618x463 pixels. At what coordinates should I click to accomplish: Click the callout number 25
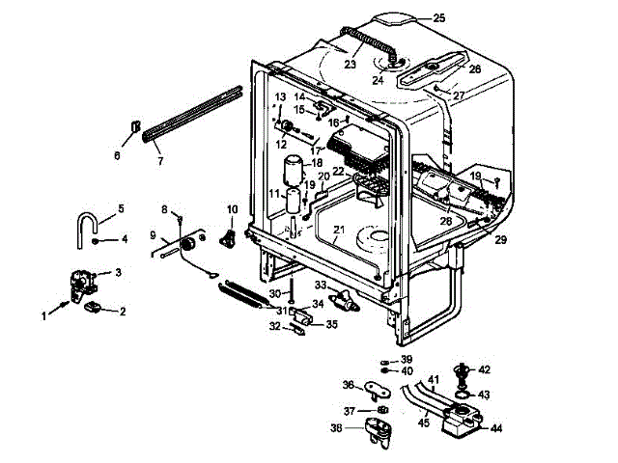pyautogui.click(x=438, y=18)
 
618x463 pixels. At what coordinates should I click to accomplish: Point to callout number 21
pyautogui.click(x=338, y=229)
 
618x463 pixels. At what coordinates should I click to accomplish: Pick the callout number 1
pyautogui.click(x=43, y=315)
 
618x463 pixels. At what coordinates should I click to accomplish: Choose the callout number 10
pyautogui.click(x=232, y=208)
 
